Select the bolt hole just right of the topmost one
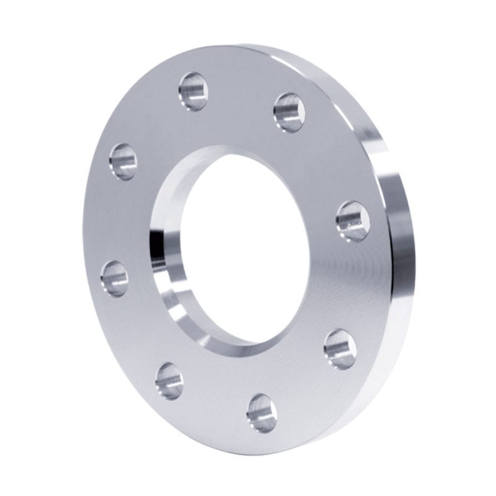[289, 112]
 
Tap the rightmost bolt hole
[353, 221]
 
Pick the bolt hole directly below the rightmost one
[340, 349]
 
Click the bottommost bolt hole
[262, 412]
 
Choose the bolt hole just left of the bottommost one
[169, 380]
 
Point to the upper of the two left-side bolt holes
[123, 161]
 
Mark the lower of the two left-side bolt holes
[115, 279]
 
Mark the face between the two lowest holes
[214, 403]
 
